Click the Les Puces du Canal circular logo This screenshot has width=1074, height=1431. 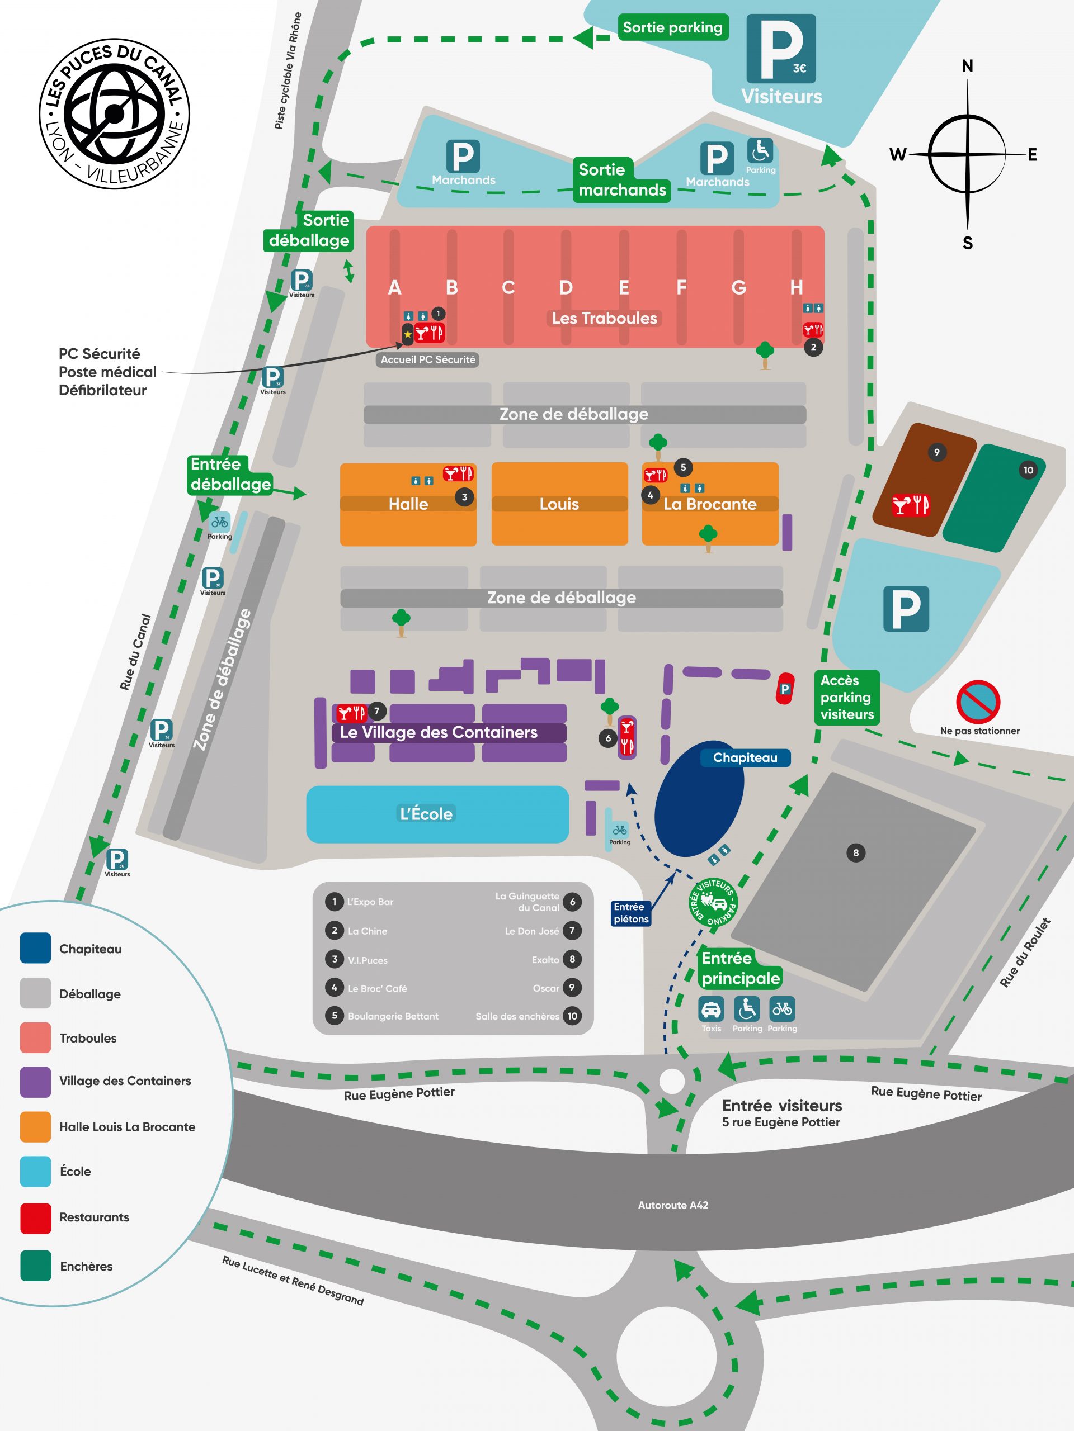tap(114, 113)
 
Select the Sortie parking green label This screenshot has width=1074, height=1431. tap(672, 28)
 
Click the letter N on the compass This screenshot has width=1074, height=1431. tap(967, 66)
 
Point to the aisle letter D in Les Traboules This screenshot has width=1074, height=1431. tap(566, 287)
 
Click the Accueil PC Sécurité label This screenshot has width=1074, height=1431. tap(428, 359)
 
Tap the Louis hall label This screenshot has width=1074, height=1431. tap(559, 504)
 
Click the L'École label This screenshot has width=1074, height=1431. tap(426, 813)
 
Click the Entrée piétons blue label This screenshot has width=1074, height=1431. tap(631, 913)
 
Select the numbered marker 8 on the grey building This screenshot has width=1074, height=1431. tap(856, 852)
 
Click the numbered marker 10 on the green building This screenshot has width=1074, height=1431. tap(1028, 470)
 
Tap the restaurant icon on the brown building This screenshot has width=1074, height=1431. tap(911, 505)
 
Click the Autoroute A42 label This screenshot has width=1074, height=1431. tap(673, 1205)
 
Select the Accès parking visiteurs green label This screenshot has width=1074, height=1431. tap(847, 698)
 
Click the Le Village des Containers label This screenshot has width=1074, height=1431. tap(439, 732)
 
